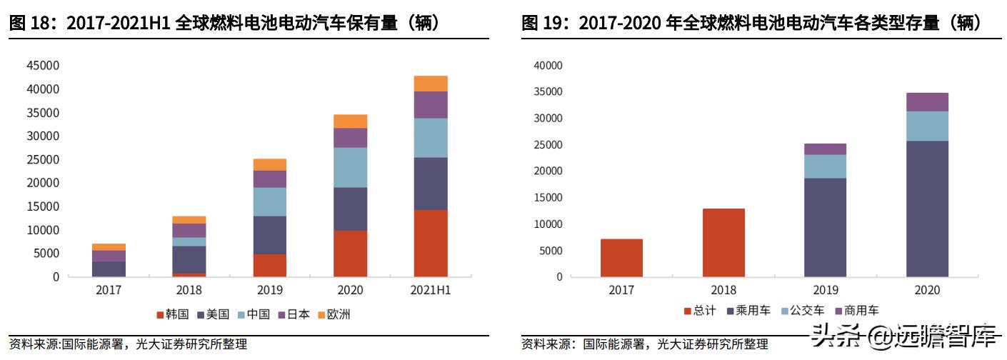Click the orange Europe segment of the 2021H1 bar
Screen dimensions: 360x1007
(431, 84)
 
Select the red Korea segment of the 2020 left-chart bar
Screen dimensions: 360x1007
(350, 254)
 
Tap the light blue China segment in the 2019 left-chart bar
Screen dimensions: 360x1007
(269, 201)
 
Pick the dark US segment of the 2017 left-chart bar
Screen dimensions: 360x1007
(109, 269)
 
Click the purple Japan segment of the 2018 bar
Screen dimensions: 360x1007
(189, 230)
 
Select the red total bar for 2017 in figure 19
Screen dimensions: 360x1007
(621, 258)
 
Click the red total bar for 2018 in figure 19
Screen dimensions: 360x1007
(723, 243)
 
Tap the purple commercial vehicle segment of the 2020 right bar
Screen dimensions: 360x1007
(927, 102)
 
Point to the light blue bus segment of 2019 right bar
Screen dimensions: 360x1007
(825, 166)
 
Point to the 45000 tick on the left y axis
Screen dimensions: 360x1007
(44, 66)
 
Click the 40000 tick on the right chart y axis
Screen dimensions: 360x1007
(548, 66)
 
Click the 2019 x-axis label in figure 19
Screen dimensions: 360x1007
(825, 291)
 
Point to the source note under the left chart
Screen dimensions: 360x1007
(129, 345)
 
